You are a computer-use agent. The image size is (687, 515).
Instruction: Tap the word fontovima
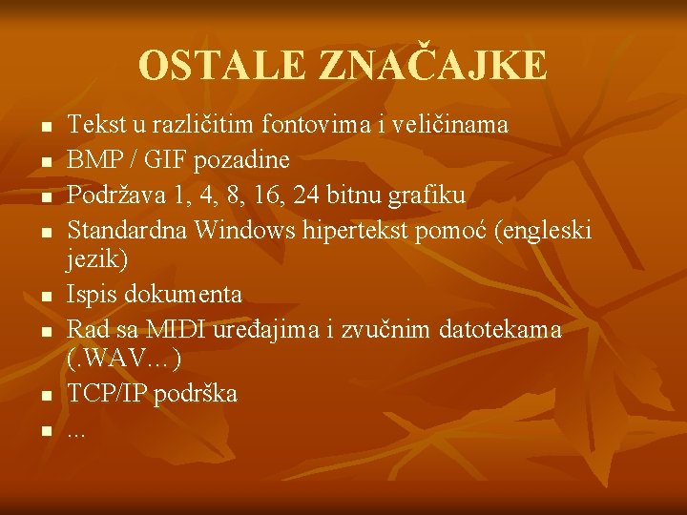point(323,124)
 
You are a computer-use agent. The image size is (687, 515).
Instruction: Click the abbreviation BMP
point(92,159)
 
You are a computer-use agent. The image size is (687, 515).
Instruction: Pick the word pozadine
point(243,159)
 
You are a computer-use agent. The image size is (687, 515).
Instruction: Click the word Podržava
point(111,195)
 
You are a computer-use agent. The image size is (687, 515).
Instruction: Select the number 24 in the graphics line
point(309,195)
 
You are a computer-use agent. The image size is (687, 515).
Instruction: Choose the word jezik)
point(96,257)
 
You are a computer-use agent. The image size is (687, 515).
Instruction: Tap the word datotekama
point(501,329)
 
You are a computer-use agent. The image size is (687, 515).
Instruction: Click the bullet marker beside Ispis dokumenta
point(44,296)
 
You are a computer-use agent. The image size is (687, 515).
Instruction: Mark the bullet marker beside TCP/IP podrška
point(44,395)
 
